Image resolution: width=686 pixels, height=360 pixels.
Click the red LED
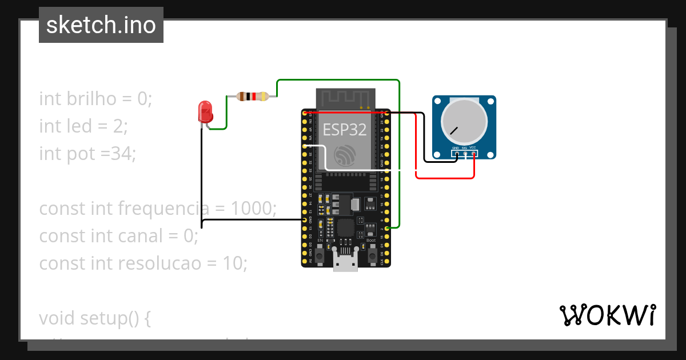point(205,112)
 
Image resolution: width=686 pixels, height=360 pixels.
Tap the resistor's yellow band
point(263,97)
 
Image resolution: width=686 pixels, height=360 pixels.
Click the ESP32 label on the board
point(345,130)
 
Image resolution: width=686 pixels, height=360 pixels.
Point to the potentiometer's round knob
point(465,121)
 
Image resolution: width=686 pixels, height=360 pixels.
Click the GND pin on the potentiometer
point(456,153)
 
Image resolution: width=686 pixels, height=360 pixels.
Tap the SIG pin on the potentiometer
point(465,153)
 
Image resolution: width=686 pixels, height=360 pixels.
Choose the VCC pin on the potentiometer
point(473,153)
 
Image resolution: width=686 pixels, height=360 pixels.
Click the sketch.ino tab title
point(101,25)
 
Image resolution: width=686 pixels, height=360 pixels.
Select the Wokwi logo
point(607,315)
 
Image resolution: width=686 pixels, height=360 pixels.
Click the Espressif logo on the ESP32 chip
point(345,156)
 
